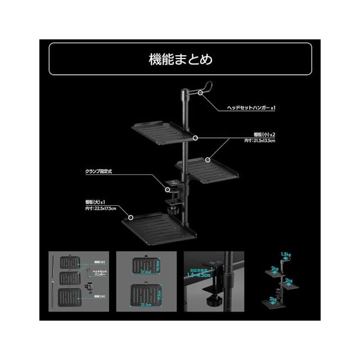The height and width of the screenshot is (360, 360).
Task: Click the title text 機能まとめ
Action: tap(180, 58)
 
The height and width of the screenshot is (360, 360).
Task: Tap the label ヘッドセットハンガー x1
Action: tap(251, 106)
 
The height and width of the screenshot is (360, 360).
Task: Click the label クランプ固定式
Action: tap(100, 171)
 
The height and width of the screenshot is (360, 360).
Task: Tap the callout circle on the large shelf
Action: tap(131, 217)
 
